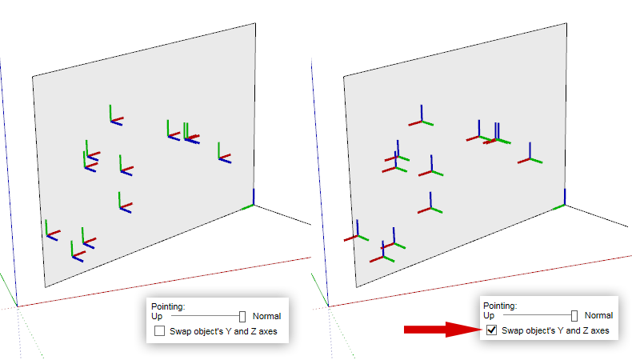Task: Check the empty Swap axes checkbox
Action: [160, 331]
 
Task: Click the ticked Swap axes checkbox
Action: [492, 330]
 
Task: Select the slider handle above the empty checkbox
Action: [242, 317]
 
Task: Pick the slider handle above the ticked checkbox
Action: [574, 316]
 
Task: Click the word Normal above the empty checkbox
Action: [267, 317]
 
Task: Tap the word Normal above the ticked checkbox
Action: [599, 315]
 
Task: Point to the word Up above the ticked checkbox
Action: [489, 316]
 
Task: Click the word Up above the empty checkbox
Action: [157, 317]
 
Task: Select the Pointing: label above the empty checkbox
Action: [168, 306]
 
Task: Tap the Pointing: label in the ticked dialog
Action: [500, 306]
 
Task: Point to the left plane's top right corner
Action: [255, 23]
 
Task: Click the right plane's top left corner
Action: [343, 76]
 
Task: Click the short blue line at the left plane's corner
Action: [254, 197]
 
